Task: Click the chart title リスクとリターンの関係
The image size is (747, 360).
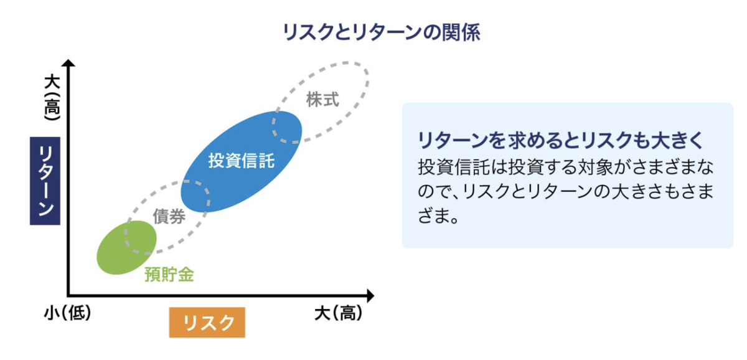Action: pyautogui.click(x=382, y=32)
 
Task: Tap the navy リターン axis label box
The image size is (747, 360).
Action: pyautogui.click(x=45, y=181)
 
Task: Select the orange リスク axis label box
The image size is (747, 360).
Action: pyautogui.click(x=207, y=322)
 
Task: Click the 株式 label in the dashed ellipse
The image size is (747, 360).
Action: pyautogui.click(x=322, y=100)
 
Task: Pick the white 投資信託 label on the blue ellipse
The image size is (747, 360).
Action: pyautogui.click(x=242, y=161)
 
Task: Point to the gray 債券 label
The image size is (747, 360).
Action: pyautogui.click(x=169, y=216)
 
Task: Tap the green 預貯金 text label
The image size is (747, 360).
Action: pyautogui.click(x=169, y=275)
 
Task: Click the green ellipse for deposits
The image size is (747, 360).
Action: pyautogui.click(x=126, y=247)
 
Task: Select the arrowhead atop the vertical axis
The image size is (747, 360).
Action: pyautogui.click(x=68, y=63)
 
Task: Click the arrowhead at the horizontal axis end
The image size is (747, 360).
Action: pyautogui.click(x=370, y=296)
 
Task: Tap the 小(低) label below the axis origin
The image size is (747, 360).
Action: pyautogui.click(x=68, y=313)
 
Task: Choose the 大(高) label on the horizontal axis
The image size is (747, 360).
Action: pyautogui.click(x=338, y=313)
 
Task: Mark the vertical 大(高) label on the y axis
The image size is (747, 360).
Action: pyautogui.click(x=52, y=97)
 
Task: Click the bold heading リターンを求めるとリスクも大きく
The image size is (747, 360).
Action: pyautogui.click(x=561, y=140)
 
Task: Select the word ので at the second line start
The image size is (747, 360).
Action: pyautogui.click(x=435, y=191)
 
